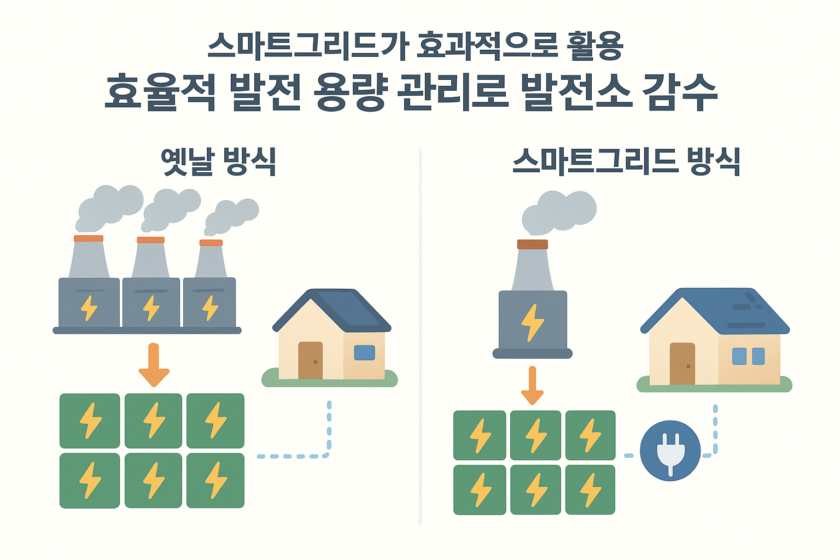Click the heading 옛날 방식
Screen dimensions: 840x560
pyautogui.click(x=219, y=161)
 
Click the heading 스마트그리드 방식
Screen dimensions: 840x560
pyautogui.click(x=626, y=161)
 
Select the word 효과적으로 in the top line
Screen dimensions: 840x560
pyautogui.click(x=487, y=46)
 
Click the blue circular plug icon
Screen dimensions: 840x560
pyautogui.click(x=670, y=451)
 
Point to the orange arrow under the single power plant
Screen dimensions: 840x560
pyautogui.click(x=532, y=385)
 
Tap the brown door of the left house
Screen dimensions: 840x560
pyautogui.click(x=310, y=360)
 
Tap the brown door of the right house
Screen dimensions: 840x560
pyautogui.click(x=682, y=364)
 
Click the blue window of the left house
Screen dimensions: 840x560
pyautogui.click(x=364, y=353)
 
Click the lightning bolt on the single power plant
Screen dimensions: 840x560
pyautogui.click(x=532, y=322)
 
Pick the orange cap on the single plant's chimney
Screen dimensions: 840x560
pyautogui.click(x=532, y=244)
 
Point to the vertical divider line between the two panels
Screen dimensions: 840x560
pyautogui.click(x=420, y=334)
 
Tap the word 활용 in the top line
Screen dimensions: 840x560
pyautogui.click(x=596, y=46)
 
